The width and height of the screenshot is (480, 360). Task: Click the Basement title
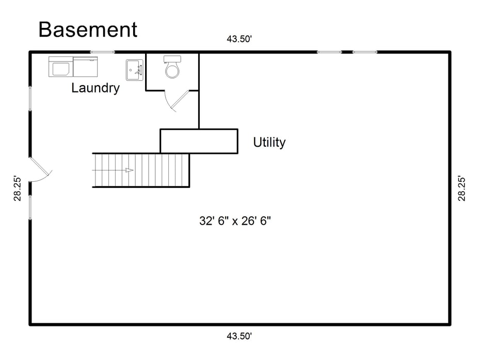(88, 29)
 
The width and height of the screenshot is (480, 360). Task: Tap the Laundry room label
(95, 88)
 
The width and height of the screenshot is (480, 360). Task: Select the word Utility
(269, 143)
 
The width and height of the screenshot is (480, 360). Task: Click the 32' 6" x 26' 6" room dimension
(235, 221)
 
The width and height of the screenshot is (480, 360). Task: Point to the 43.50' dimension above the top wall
(239, 39)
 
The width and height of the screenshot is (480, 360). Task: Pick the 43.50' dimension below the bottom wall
(239, 336)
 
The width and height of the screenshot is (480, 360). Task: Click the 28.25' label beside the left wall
(18, 189)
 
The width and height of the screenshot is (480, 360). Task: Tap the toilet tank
(172, 58)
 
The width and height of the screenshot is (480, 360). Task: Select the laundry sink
(135, 70)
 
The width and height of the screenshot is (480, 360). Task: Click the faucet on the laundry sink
(139, 70)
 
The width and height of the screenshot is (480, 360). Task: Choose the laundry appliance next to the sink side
(85, 67)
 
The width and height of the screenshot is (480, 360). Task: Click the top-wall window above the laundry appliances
(103, 52)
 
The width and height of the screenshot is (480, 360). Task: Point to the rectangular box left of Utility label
(199, 141)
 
